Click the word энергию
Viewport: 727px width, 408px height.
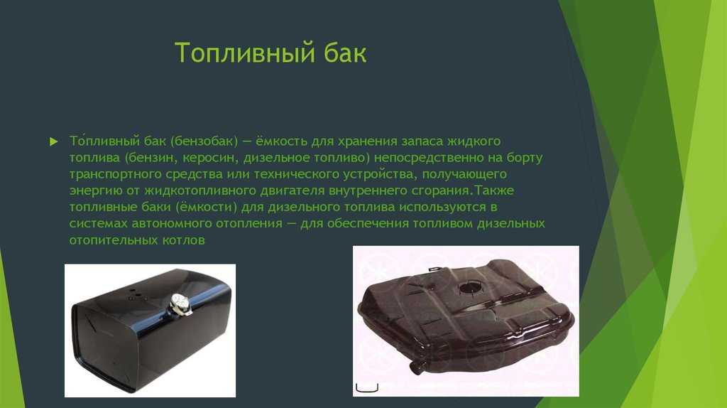point(92,190)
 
